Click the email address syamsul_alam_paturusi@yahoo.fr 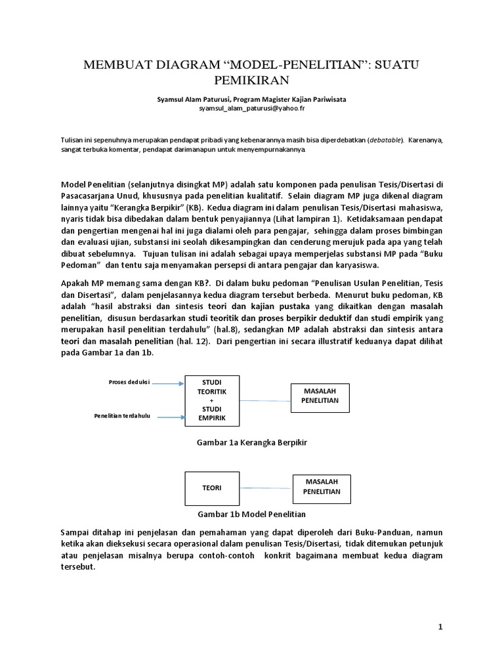pos(252,109)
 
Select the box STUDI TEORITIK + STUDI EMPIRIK pos(211,400)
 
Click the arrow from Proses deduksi pos(168,383)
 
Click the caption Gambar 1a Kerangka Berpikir pos(252,443)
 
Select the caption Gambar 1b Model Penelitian pos(251,514)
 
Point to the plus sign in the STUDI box pos(211,400)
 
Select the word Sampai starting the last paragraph pos(77,531)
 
